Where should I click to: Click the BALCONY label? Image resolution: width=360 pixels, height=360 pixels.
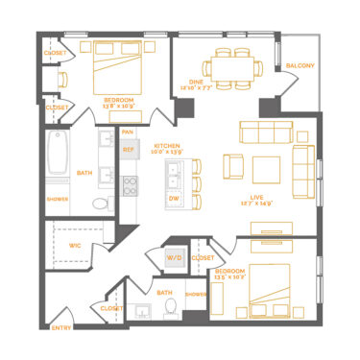(x=300, y=65)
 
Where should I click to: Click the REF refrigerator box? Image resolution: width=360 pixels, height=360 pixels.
(x=128, y=150)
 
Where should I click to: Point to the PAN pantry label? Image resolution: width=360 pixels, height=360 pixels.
(x=128, y=132)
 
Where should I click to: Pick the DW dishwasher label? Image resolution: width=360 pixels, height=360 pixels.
(x=174, y=199)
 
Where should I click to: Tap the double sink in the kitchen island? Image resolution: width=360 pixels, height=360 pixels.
(x=174, y=175)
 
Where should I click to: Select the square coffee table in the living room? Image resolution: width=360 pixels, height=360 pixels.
(x=266, y=167)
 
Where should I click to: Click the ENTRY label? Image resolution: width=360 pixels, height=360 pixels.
(x=60, y=328)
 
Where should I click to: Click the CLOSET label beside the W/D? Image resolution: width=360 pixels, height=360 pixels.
(x=203, y=257)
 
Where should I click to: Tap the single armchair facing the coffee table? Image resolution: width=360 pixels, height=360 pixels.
(x=233, y=167)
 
